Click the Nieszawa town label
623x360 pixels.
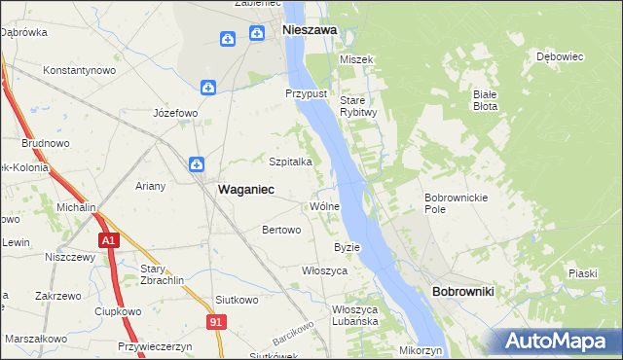point(310,30)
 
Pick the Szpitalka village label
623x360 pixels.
point(290,162)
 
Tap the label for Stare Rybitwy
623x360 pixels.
point(357,105)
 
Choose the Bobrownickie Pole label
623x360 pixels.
point(449,202)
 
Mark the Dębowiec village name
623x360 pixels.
point(560,56)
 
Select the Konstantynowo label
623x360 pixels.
point(81,70)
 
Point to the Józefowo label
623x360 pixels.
point(176,113)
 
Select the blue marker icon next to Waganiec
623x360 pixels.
point(196,165)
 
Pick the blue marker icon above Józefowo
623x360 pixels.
point(208,88)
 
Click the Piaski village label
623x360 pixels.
point(583,273)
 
